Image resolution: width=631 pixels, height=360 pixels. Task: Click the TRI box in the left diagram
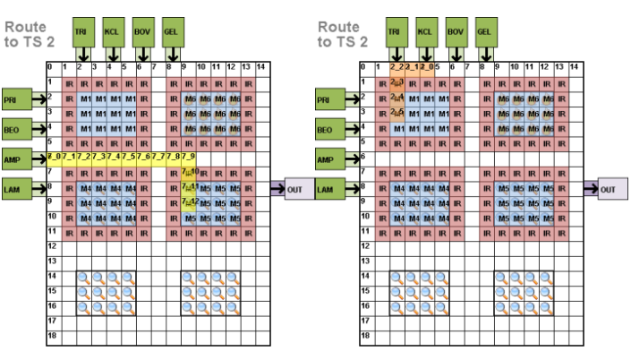(x=81, y=31)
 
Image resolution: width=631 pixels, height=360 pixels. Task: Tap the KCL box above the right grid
(x=425, y=31)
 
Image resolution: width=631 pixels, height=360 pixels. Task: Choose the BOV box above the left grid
(x=141, y=31)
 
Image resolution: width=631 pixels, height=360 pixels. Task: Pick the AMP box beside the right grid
(x=328, y=159)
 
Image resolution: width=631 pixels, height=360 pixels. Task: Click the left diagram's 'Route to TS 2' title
(x=28, y=33)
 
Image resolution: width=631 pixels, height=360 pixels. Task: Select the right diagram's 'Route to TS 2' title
(x=342, y=33)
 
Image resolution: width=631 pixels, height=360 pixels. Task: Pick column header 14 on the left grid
(x=261, y=67)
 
